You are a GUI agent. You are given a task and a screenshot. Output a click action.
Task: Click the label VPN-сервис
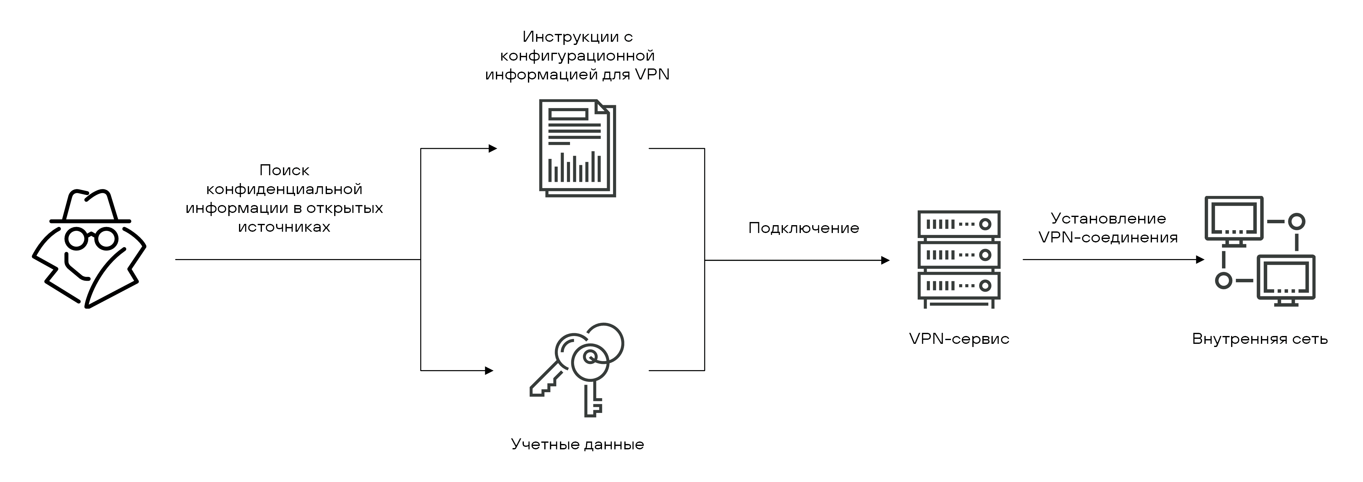pos(959,338)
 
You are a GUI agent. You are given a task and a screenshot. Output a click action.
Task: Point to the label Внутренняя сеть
pos(1260,338)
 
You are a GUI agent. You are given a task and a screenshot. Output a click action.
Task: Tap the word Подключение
pos(803,228)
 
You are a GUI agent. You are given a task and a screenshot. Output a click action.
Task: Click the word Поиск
pos(284,171)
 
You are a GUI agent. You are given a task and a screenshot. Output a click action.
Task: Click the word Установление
pos(1108,219)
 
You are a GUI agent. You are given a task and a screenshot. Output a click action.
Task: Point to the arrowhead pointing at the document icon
pos(493,149)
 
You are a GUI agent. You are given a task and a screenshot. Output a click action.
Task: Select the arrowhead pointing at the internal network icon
pos(1200,260)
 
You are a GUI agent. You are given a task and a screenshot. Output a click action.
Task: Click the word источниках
pos(284,227)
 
